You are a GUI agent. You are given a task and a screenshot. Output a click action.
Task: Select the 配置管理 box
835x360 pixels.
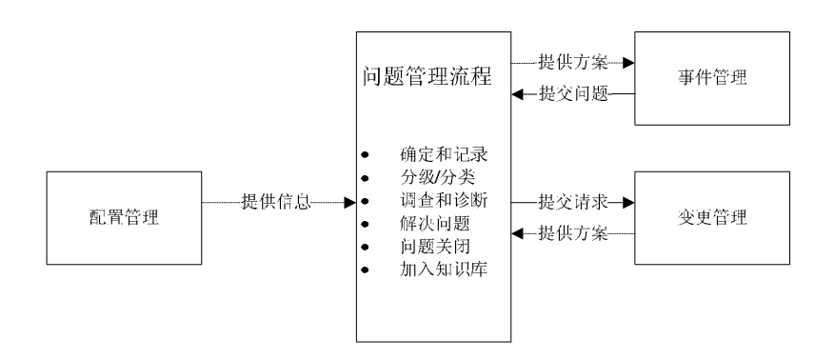118,218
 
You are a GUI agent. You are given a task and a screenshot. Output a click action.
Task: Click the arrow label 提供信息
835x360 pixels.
276,202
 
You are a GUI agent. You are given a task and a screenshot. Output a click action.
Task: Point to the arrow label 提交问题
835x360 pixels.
573,93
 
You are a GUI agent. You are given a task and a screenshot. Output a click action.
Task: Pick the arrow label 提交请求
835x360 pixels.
573,202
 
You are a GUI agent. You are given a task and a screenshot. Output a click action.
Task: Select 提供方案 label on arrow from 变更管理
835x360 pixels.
573,231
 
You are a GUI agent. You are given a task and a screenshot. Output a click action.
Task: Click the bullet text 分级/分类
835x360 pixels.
432,178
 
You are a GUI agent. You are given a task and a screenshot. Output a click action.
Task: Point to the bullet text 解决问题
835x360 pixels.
431,226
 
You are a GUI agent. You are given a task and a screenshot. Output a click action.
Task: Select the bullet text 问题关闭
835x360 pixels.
431,250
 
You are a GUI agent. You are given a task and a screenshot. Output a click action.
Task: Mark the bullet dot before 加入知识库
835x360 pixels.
365,273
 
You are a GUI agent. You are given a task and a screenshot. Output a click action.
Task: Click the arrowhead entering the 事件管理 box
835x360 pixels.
627,63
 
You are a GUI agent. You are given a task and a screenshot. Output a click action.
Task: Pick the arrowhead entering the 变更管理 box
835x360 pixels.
627,202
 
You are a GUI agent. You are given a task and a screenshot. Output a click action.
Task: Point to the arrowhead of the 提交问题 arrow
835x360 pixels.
516,93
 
